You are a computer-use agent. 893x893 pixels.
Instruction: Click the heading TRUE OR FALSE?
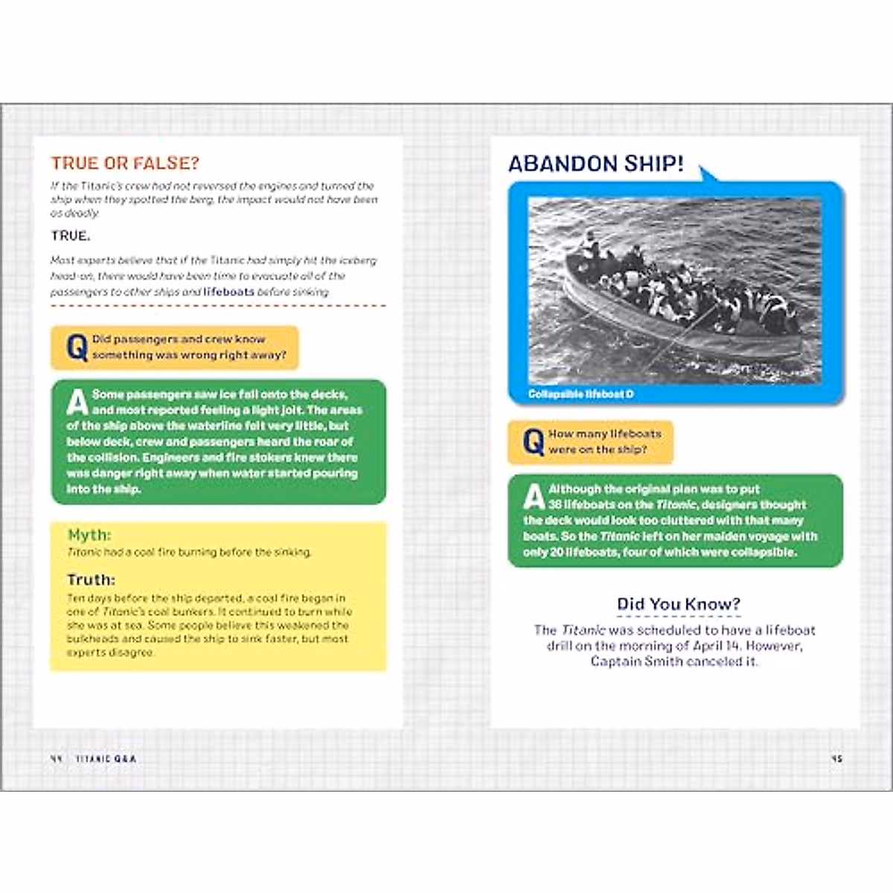(x=124, y=164)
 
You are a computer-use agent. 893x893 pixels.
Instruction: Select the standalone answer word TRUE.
(x=70, y=236)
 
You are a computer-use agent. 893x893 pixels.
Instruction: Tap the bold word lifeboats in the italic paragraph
(x=228, y=292)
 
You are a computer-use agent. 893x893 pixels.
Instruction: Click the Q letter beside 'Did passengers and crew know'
(x=76, y=348)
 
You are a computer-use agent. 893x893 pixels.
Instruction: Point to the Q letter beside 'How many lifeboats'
(x=533, y=442)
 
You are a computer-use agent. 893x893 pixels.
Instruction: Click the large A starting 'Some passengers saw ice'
(x=77, y=402)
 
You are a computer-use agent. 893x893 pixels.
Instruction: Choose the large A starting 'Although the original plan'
(x=534, y=497)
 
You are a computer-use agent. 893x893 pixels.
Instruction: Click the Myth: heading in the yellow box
(x=89, y=535)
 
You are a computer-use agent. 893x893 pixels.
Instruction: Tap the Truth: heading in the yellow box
(x=91, y=580)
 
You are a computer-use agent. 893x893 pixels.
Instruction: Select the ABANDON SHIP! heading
(x=595, y=164)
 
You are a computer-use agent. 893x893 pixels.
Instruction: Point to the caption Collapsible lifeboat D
(x=580, y=394)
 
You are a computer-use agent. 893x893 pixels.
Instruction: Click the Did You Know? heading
(x=679, y=604)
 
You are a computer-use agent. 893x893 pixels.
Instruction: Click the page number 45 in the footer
(x=836, y=759)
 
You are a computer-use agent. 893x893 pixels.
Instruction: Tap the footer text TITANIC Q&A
(x=106, y=759)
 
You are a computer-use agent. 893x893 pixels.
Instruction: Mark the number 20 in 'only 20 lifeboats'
(x=554, y=552)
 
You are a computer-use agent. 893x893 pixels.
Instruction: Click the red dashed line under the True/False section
(x=218, y=305)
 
